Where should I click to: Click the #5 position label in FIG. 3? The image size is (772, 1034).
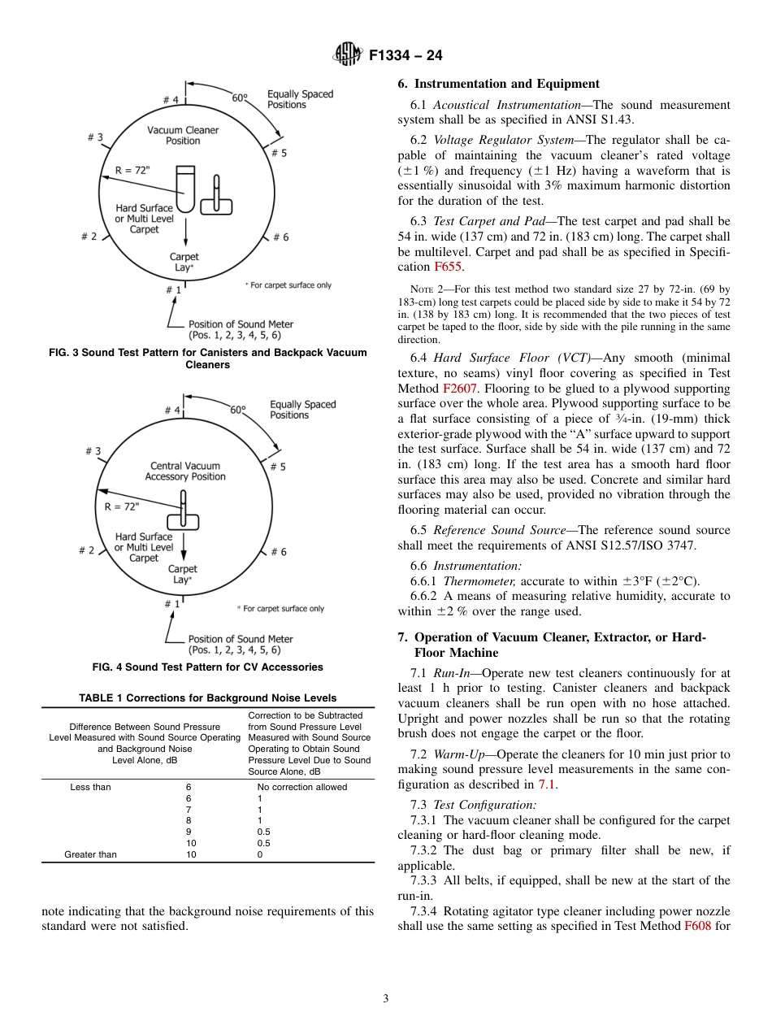pos(278,153)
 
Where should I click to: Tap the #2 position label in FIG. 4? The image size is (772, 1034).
pos(87,550)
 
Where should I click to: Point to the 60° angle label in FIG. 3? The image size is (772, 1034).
pos(240,98)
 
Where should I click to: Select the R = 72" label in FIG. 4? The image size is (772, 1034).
pos(122,506)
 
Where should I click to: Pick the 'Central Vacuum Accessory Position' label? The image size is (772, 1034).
pos(185,471)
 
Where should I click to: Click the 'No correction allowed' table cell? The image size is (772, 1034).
pos(302,787)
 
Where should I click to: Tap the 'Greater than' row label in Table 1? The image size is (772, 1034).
pos(90,854)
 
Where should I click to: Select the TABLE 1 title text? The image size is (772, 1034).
pos(207,697)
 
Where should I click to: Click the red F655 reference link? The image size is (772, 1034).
pos(447,267)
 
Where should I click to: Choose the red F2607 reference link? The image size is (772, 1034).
pos(459,388)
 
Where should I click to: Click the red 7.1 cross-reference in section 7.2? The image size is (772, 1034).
pos(546,784)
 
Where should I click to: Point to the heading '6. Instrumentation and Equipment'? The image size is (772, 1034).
pos(498,84)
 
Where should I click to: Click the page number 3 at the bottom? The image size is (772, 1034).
pos(386,998)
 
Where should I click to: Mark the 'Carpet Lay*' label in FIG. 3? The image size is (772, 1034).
pos(184,262)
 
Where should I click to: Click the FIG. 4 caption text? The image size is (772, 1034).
pos(207,667)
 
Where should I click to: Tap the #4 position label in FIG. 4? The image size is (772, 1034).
pos(171,411)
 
